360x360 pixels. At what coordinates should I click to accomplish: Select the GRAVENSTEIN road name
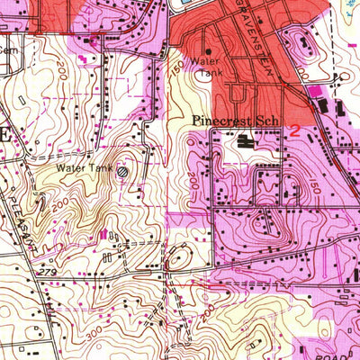tap(244, 27)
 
